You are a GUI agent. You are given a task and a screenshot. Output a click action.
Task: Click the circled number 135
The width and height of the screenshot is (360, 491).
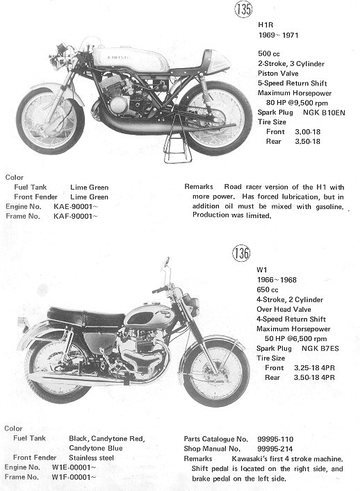click(243, 9)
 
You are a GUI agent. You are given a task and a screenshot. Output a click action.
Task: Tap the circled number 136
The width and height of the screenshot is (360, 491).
click(241, 253)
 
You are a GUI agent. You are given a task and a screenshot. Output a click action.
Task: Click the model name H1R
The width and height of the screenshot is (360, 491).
click(265, 25)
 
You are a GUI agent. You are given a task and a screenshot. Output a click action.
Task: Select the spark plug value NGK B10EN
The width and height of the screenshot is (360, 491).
click(324, 113)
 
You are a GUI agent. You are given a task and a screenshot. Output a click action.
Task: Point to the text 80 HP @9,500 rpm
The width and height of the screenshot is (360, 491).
click(297, 103)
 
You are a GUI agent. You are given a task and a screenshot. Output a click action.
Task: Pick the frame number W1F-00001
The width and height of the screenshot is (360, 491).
click(74, 477)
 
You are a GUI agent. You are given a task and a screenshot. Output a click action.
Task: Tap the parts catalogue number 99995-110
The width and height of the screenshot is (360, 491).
click(275, 439)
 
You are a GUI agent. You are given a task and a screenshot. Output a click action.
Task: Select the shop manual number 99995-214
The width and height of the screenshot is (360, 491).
click(275, 449)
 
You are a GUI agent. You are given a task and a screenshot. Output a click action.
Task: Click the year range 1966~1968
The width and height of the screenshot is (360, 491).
click(277, 280)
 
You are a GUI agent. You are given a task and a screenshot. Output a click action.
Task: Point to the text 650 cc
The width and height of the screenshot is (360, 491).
click(268, 290)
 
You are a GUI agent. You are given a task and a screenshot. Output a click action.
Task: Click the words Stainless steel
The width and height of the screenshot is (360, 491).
click(91, 458)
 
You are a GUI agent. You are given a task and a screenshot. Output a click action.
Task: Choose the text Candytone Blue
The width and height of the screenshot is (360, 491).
click(96, 448)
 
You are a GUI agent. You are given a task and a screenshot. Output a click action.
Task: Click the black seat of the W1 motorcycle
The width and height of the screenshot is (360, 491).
click(85, 316)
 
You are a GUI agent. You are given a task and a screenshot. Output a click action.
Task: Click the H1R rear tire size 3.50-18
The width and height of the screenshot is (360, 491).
click(307, 141)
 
